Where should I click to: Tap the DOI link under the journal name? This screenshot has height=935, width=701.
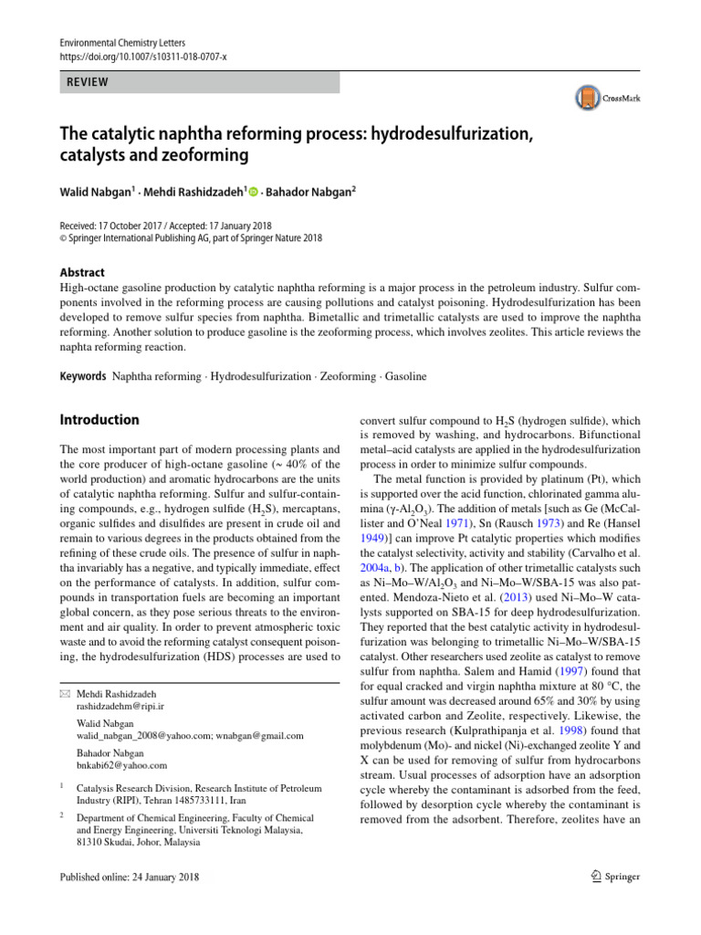pyautogui.click(x=142, y=56)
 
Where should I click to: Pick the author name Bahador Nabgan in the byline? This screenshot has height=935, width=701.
pyautogui.click(x=310, y=194)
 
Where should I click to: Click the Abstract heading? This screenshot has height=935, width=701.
pyautogui.click(x=82, y=272)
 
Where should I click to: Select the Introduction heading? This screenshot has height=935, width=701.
pyautogui.click(x=99, y=420)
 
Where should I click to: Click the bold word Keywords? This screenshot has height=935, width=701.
pyautogui.click(x=83, y=376)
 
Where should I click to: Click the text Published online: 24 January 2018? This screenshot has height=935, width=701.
pyautogui.click(x=129, y=877)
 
